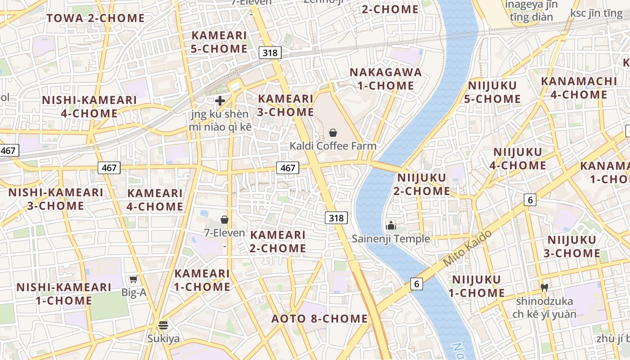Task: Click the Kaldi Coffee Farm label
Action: pos(333,146)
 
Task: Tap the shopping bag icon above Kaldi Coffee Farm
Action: pos(333,133)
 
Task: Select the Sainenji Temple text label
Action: pos(391,238)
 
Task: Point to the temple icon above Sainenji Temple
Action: pos(391,225)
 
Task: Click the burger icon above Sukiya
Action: pos(163,325)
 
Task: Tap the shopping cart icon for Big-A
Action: pos(134,279)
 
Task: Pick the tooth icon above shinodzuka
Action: pos(544,287)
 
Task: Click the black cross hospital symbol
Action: pos(220,101)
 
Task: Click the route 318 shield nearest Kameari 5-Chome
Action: pos(270,53)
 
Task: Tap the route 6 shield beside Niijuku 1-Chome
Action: pos(417,284)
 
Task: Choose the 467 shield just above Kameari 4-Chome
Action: pos(109,168)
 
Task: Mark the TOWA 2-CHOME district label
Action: pos(96,18)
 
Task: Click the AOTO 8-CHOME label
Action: pos(319,319)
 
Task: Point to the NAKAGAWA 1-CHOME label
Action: pos(386,79)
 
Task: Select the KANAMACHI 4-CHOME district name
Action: pos(579,88)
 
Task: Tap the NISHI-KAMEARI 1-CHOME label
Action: pos(64,293)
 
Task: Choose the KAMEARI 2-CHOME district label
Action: pos(278,241)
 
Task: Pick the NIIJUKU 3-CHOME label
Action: pos(571,246)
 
